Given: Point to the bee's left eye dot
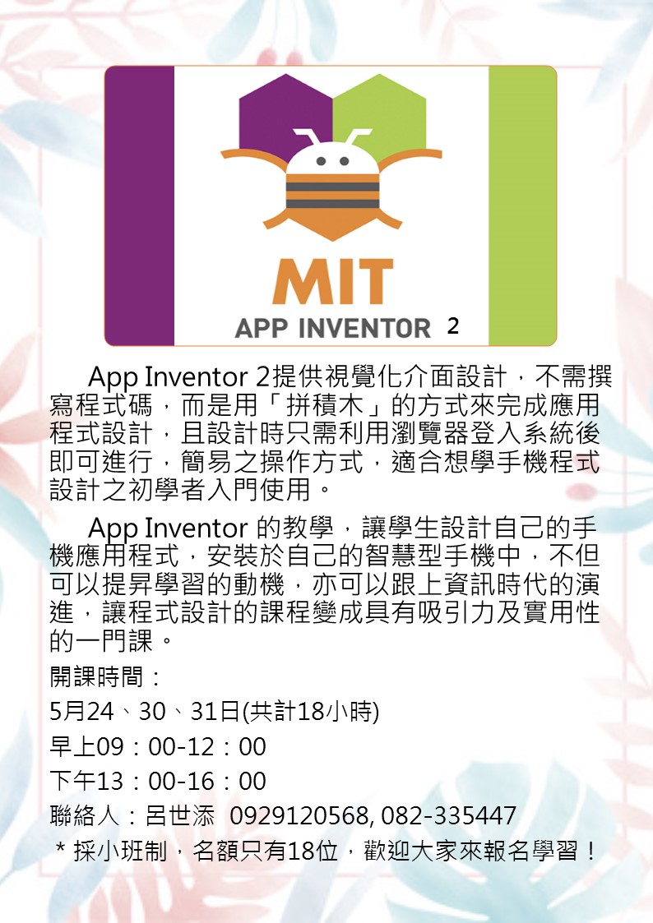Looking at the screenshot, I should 322,161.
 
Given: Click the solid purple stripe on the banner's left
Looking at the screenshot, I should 140,205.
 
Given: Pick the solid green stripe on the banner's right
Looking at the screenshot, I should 522,205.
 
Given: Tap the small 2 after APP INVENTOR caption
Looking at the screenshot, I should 452,326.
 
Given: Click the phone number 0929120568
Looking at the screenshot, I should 299,816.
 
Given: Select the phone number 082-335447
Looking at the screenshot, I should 450,816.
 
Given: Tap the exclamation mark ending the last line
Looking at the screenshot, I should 589,851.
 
